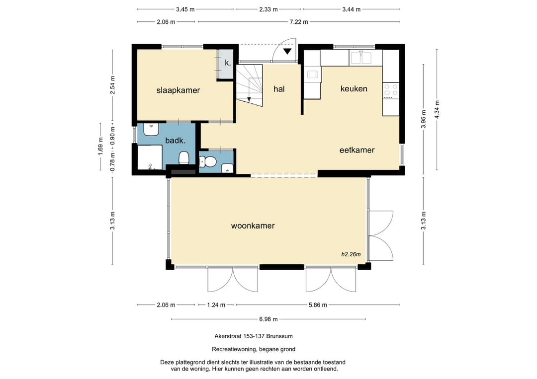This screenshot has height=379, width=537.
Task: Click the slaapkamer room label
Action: pos(178,90)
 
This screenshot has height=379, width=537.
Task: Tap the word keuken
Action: pos(354,88)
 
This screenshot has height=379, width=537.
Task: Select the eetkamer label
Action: pos(357,150)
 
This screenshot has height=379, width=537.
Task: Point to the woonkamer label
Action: pos(253,226)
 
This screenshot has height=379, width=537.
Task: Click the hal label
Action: pos(279,89)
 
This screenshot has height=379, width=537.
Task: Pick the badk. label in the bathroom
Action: pos(176,140)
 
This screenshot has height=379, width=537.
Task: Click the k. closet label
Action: pos(228,63)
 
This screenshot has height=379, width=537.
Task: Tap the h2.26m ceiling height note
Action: pos(351,254)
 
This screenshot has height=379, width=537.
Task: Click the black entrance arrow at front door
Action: pos(287,52)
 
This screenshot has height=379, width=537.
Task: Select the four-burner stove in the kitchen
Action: pos(391,90)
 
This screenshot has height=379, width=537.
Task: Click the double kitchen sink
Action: pos(365,58)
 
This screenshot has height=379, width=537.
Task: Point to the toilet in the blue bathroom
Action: pos(184,158)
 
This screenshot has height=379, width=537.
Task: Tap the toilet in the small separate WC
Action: pos(208,161)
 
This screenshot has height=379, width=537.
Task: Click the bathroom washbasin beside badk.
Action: pos(151,129)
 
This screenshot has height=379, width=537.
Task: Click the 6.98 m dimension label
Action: pos(268,319)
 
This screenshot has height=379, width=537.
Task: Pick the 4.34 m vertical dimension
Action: pos(437,109)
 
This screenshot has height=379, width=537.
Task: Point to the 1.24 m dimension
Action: pos(216,305)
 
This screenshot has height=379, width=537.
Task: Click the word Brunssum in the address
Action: pos(281,336)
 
